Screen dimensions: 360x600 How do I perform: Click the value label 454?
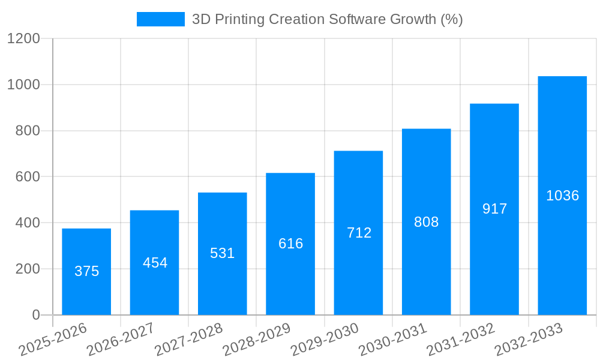coord(155,263)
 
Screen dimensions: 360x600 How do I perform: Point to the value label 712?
coord(359,233)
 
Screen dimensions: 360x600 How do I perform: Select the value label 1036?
coord(562,196)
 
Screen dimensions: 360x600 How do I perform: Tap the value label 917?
coord(494,209)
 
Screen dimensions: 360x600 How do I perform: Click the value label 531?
coord(222,253)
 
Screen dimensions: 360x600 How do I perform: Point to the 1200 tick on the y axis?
coord(23,39)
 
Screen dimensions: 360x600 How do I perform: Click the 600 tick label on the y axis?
coord(28,177)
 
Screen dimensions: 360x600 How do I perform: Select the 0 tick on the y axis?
coord(35,315)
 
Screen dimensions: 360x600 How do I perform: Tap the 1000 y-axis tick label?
coord(23,85)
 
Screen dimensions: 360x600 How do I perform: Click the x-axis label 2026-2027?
coord(121,340)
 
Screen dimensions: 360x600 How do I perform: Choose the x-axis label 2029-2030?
coord(325,340)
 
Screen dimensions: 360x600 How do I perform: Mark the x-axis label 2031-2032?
coord(461,340)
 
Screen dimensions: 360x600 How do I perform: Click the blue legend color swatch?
coord(160,19)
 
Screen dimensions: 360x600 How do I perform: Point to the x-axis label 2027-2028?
coord(188,340)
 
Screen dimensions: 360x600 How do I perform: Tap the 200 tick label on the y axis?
coord(28,269)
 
